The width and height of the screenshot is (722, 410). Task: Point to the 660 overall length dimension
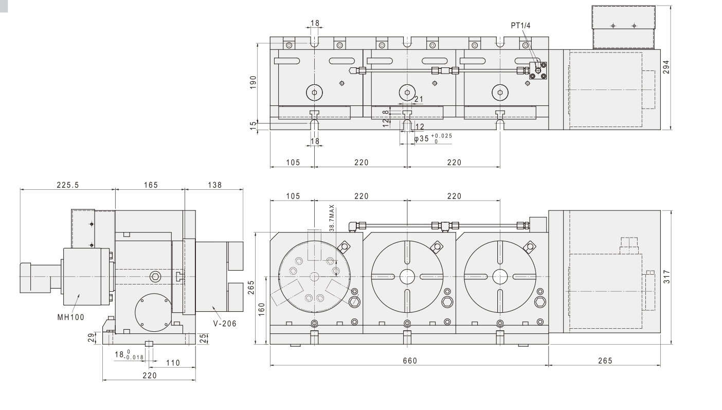point(410,361)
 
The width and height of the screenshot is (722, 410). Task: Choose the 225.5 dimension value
point(67,185)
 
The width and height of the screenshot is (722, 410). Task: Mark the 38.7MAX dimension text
point(332,218)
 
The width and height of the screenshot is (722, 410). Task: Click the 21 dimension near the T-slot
point(418,99)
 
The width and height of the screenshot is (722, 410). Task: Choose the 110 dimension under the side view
point(173,363)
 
